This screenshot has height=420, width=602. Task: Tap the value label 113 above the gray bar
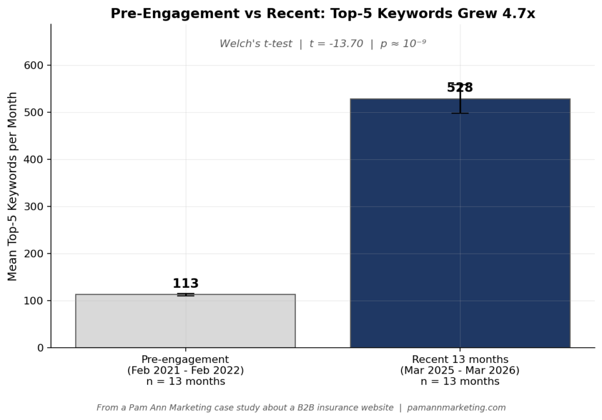(x=185, y=284)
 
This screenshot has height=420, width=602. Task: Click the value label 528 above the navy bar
(x=460, y=88)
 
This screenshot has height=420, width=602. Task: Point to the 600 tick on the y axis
(x=36, y=65)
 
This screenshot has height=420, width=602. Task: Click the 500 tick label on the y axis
(x=36, y=112)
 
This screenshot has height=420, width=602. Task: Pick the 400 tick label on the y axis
(x=36, y=159)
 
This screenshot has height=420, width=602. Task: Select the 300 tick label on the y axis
(x=36, y=207)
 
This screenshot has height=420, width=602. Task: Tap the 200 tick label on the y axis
(x=36, y=254)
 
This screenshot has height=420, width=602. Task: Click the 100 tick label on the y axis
(x=36, y=301)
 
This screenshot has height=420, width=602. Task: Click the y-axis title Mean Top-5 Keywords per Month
(x=12, y=186)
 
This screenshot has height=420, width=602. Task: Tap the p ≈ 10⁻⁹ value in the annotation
(x=403, y=44)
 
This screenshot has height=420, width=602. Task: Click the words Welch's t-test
(x=256, y=44)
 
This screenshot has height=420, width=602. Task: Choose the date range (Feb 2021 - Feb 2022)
(x=185, y=371)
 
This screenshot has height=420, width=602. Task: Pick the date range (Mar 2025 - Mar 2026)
(x=460, y=371)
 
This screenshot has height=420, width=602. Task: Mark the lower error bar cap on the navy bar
(x=460, y=113)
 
